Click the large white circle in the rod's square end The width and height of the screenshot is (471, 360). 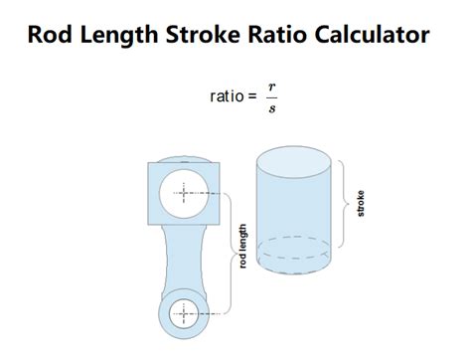(186, 197)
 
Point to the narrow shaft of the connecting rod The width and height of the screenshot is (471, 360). (186, 261)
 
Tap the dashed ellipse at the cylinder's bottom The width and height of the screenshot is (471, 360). (294, 248)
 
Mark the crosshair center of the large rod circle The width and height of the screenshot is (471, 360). (186, 197)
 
